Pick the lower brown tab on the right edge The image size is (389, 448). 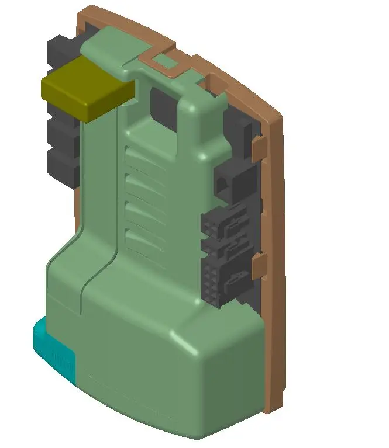coord(259,266)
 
